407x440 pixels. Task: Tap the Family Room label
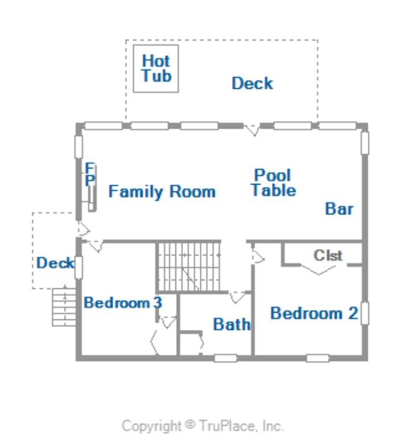tap(162, 191)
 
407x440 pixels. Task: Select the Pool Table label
tap(273, 183)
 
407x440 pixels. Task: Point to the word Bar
tap(339, 209)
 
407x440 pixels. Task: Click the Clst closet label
tap(328, 255)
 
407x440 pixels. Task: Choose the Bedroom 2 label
tap(314, 313)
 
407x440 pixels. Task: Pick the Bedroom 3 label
tap(123, 303)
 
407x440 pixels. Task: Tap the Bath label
tap(231, 325)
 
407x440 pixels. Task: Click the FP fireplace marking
tap(90, 174)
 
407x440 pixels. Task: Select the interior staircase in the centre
tap(189, 266)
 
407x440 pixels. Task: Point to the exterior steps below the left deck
tap(64, 307)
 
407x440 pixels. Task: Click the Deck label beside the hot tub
tap(252, 84)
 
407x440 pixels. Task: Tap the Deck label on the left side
tap(55, 263)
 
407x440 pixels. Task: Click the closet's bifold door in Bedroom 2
tap(319, 269)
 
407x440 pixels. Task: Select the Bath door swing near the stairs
tap(237, 298)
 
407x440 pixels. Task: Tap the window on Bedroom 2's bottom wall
tap(318, 358)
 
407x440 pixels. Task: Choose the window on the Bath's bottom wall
tap(226, 358)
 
